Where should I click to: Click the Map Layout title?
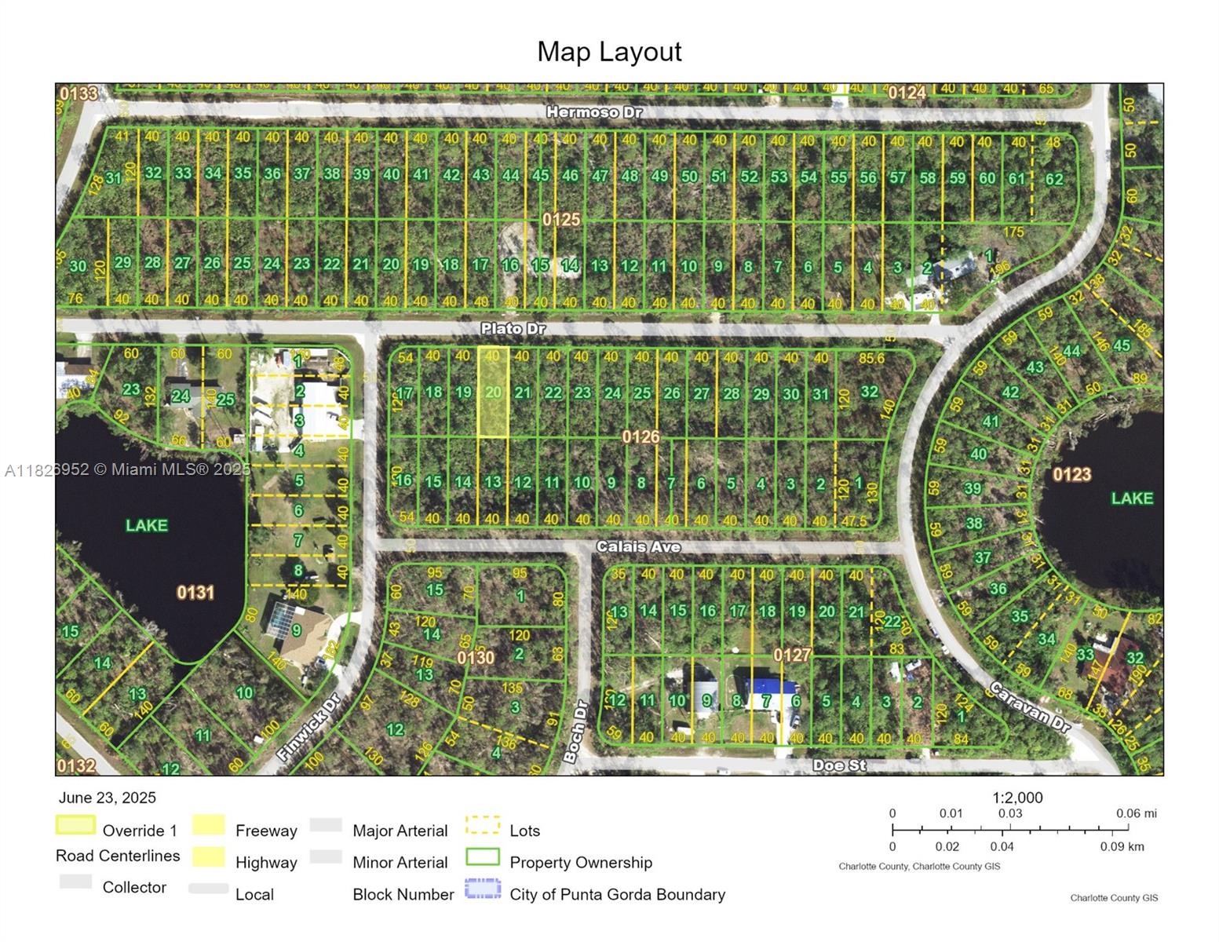609,52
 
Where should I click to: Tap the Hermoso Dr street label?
594,112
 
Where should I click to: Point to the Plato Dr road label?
513,328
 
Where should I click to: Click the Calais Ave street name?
638,546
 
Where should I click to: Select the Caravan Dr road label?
1030,707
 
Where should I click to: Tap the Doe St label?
839,765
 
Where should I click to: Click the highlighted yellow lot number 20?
493,392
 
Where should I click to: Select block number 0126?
641,436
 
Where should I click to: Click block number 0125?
561,219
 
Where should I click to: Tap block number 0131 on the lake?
195,592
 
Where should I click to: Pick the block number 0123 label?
1071,474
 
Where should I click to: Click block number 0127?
791,655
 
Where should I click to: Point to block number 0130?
476,657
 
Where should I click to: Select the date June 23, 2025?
108,798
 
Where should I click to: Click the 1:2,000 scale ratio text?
1017,798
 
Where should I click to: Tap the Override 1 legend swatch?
75,825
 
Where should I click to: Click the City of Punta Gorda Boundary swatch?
483,889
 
